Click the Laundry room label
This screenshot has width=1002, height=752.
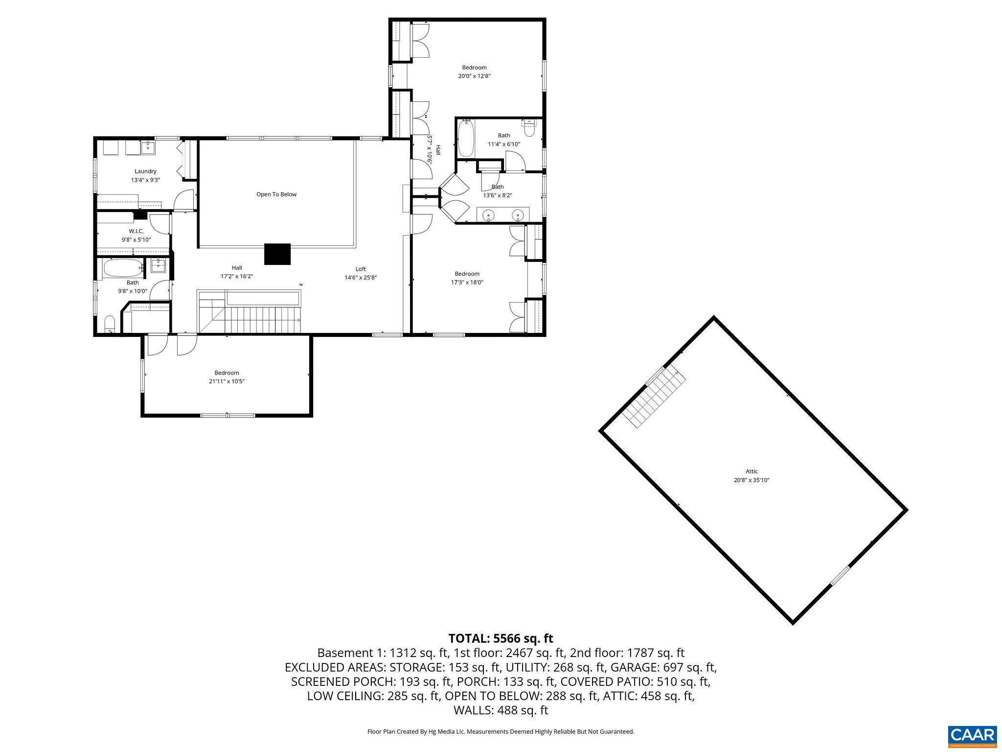click(x=145, y=171)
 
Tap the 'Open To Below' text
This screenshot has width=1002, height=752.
click(x=276, y=194)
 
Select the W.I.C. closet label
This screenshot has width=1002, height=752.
click(x=136, y=231)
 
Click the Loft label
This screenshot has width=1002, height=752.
click(x=361, y=269)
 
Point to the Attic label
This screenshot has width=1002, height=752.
click(x=751, y=471)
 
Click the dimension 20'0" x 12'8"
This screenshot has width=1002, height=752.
click(x=474, y=76)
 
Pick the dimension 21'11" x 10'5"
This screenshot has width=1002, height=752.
click(x=227, y=381)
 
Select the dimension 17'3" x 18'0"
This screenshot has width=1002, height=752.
click(x=467, y=282)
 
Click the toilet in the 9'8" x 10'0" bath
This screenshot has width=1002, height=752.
click(x=110, y=324)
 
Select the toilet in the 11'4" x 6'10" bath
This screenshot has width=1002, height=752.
click(x=529, y=129)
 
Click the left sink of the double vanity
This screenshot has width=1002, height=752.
click(x=488, y=214)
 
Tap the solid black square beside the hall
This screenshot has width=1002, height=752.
click(x=277, y=254)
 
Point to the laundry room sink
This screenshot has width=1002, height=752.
click(x=148, y=147)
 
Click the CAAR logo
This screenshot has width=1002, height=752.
click(x=972, y=735)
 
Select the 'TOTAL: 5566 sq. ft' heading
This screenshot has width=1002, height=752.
click(x=501, y=638)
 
